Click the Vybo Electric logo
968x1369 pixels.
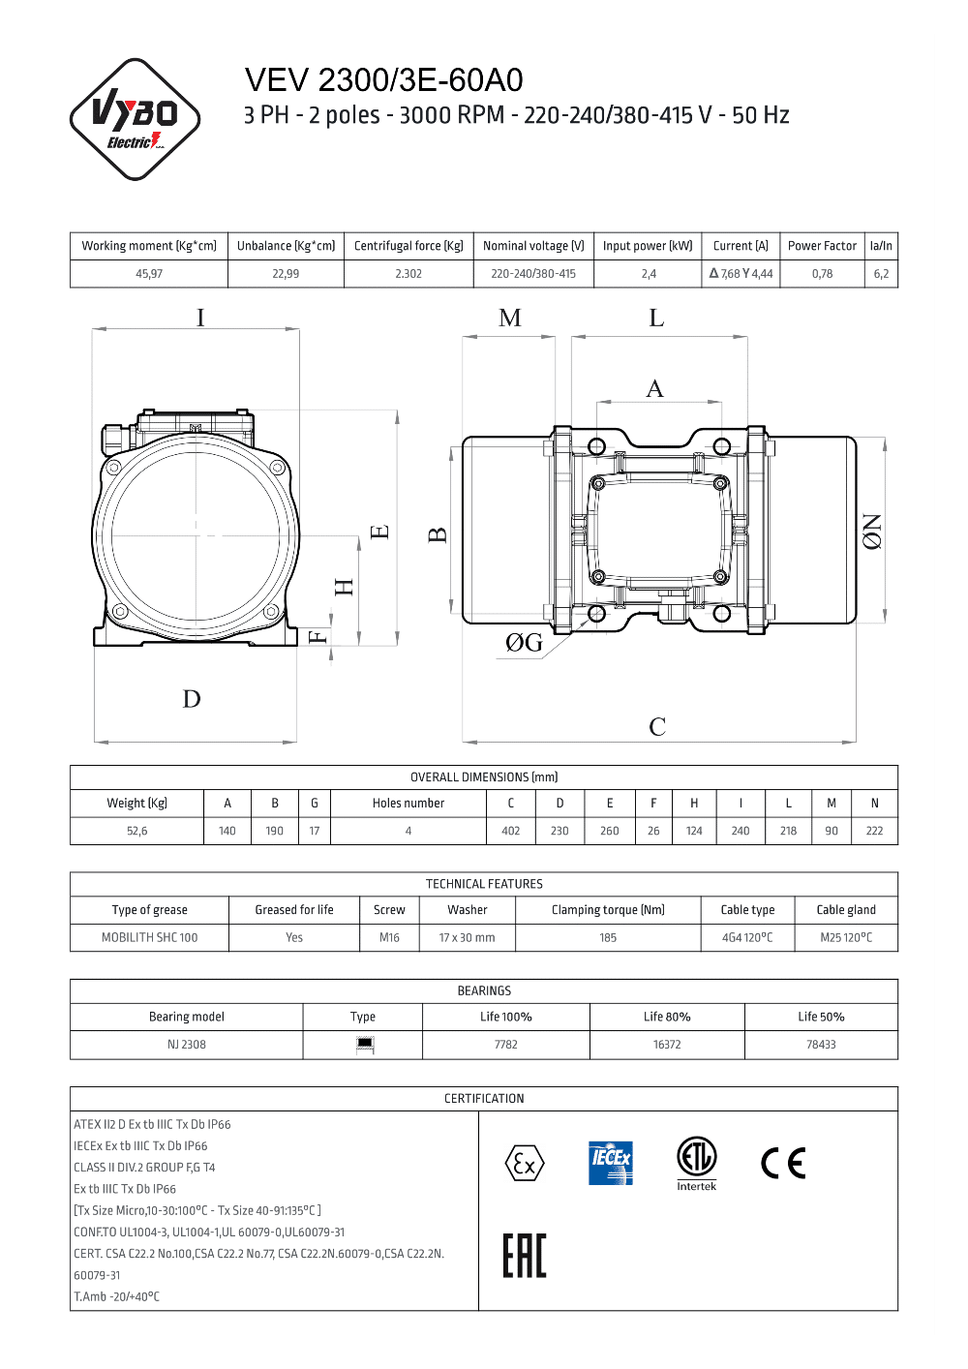136,119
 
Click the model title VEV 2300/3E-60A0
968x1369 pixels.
383,80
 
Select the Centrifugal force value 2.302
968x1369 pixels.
408,274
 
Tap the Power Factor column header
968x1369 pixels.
822,246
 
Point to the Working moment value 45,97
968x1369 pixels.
149,274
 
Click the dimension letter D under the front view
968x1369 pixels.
192,699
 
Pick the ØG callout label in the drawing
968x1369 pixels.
524,643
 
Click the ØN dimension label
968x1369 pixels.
872,532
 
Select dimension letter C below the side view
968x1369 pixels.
657,727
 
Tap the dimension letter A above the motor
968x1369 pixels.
655,389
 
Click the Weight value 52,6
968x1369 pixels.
137,831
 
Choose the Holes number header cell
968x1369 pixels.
408,804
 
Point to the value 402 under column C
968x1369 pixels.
511,831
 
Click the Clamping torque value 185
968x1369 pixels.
608,937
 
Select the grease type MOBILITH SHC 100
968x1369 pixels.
150,937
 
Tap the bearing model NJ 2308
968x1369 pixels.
187,1045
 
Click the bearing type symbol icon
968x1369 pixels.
365,1044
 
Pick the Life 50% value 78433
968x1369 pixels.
821,1045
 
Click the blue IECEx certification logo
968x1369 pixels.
611,1163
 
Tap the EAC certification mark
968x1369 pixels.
525,1256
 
